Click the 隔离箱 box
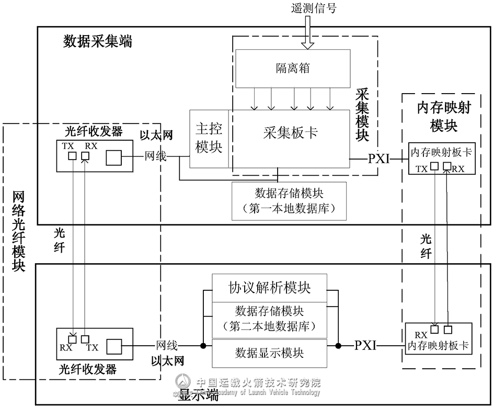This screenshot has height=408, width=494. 293,69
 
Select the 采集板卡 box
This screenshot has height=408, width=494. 291,133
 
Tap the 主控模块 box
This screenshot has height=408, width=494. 209,139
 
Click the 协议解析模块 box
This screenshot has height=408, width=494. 269,288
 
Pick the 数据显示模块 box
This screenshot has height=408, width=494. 269,353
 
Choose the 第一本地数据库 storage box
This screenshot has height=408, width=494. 288,200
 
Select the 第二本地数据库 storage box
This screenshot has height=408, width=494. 269,320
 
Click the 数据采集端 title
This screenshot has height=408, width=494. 98,41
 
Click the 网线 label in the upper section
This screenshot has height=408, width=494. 155,155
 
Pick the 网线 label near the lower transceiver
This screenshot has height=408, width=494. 167,345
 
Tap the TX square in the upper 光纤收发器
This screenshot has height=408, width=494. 72,156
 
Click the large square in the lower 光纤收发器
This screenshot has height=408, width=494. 113,346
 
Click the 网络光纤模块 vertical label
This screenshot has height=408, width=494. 18,230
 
